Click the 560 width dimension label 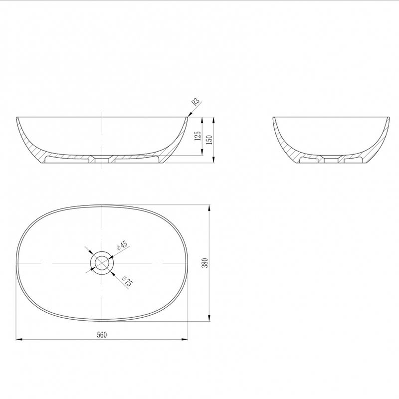click(102, 335)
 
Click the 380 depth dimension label click(205, 263)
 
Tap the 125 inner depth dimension click(198, 136)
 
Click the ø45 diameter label click(122, 245)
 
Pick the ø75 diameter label click(127, 281)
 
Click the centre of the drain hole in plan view click(102, 263)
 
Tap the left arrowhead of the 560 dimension click(19, 339)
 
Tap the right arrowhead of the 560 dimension click(185, 339)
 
